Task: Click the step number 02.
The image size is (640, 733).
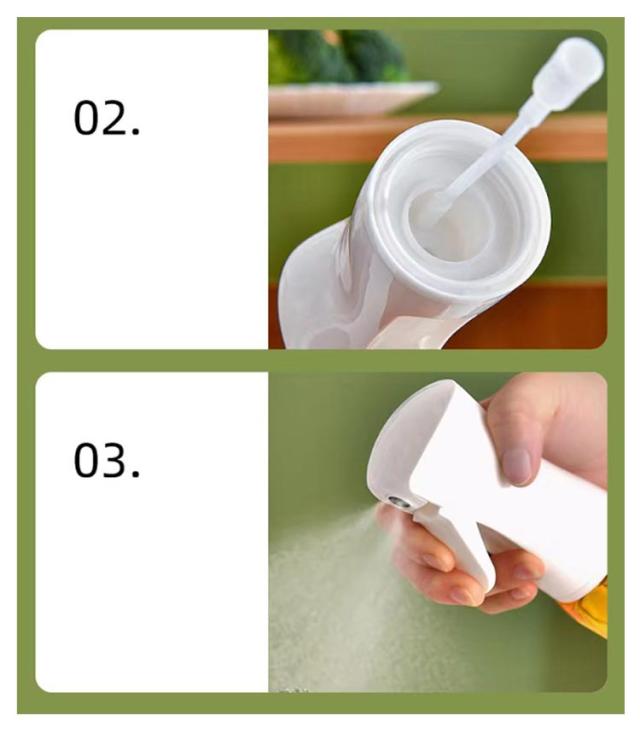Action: tap(107, 117)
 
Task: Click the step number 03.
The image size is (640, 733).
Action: tap(107, 460)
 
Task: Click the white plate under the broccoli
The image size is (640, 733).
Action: tap(353, 98)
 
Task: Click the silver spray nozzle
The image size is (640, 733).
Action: tap(400, 502)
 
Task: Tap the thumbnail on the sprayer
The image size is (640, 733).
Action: tap(517, 467)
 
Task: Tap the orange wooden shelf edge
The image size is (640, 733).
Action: tap(437, 139)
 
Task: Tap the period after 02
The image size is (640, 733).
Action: tap(136, 132)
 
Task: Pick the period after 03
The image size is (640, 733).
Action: tap(136, 474)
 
